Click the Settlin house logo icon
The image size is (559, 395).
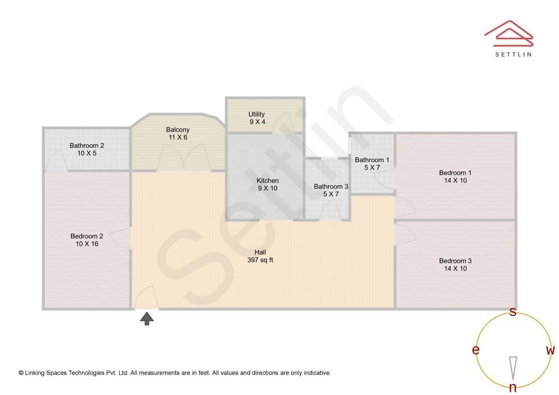click(508, 32)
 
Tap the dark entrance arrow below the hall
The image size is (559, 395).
click(148, 318)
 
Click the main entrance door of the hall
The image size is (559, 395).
click(146, 299)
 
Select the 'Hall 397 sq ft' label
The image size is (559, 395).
click(260, 256)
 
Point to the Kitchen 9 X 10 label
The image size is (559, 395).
click(268, 185)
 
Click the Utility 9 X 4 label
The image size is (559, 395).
click(257, 118)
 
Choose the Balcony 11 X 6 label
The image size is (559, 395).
click(178, 133)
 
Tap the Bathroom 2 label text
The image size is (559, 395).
click(87, 149)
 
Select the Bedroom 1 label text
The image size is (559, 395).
click(455, 176)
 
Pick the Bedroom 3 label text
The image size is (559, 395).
click(455, 265)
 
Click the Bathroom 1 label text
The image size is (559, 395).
click(372, 163)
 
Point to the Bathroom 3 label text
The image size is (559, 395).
click(331, 190)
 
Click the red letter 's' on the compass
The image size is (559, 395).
click(513, 312)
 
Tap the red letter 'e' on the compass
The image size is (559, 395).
click(475, 351)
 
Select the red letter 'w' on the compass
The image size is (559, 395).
click(550, 351)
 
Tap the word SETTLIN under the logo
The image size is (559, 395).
click(513, 54)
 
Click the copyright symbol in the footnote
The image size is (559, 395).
click(21, 373)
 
